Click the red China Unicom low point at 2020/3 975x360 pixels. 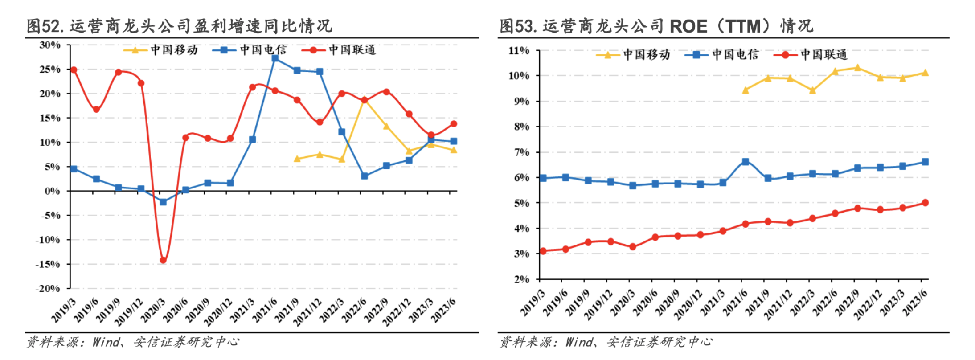click(x=163, y=260)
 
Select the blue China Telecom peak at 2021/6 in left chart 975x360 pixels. click(x=275, y=58)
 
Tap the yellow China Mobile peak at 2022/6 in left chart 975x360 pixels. click(x=364, y=100)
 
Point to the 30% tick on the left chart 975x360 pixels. click(x=50, y=45)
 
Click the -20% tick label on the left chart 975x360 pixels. click(x=48, y=288)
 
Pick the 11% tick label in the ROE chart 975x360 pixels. click(x=519, y=51)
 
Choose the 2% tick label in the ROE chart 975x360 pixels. click(x=521, y=279)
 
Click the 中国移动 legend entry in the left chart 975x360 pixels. click(x=174, y=50)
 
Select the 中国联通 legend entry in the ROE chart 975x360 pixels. click(x=824, y=55)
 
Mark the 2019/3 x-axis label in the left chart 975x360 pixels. click(x=63, y=311)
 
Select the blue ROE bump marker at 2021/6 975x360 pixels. click(x=745, y=162)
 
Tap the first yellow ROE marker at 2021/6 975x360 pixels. click(x=745, y=90)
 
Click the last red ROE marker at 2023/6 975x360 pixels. click(x=925, y=203)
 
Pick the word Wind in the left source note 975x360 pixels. click(x=106, y=342)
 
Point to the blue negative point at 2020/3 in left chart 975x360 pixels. click(x=163, y=202)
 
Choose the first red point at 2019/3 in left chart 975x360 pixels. click(x=74, y=70)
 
